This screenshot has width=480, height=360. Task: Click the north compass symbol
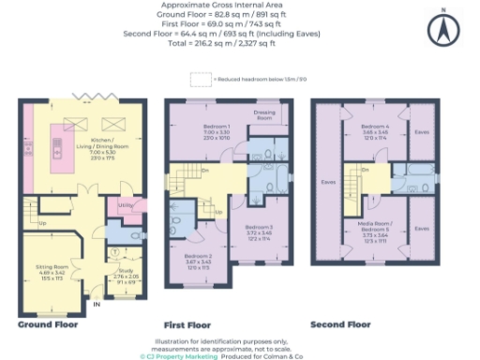point(442,30)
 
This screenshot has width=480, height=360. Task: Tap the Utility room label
point(124,204)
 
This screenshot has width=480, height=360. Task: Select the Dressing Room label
point(264,116)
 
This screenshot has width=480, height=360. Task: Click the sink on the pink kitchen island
point(54,145)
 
